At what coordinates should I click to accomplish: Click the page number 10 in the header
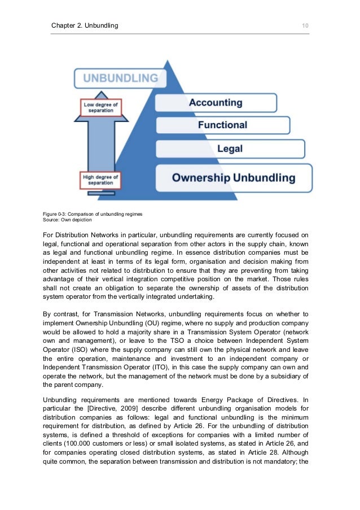pyautogui.click(x=305, y=25)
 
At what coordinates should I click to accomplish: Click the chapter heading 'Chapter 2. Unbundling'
pyautogui.click(x=85, y=25)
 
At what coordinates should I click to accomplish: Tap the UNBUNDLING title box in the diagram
pyautogui.click(x=120, y=78)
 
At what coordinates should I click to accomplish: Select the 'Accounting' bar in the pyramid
pyautogui.click(x=216, y=103)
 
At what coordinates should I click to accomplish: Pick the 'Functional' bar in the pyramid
pyautogui.click(x=222, y=125)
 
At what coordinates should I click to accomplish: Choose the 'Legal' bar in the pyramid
pyautogui.click(x=230, y=149)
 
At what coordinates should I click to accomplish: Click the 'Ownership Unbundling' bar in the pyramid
pyautogui.click(x=233, y=178)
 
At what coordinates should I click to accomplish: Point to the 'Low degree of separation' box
pyautogui.click(x=100, y=107)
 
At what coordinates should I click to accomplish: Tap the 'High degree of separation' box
pyautogui.click(x=100, y=180)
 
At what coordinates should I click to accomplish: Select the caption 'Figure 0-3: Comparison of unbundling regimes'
pyautogui.click(x=93, y=215)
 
